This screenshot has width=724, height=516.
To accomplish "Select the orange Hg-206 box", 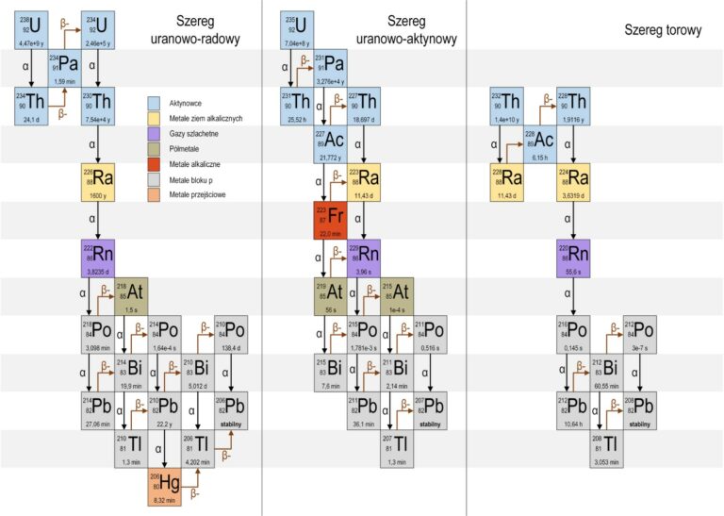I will tap(165, 485).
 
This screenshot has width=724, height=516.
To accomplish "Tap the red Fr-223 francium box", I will tap(330, 220).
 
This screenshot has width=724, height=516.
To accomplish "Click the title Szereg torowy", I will tap(663, 30).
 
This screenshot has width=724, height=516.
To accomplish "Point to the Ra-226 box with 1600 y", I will tap(98, 182).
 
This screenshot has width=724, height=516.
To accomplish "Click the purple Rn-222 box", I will tap(98, 258).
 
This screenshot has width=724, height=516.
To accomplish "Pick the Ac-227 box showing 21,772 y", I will tap(331, 144).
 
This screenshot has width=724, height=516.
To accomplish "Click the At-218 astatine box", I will tap(131, 295).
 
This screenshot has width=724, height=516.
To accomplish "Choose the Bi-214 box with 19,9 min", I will tap(132, 371).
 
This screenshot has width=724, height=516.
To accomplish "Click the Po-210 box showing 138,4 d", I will tap(230, 333).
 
